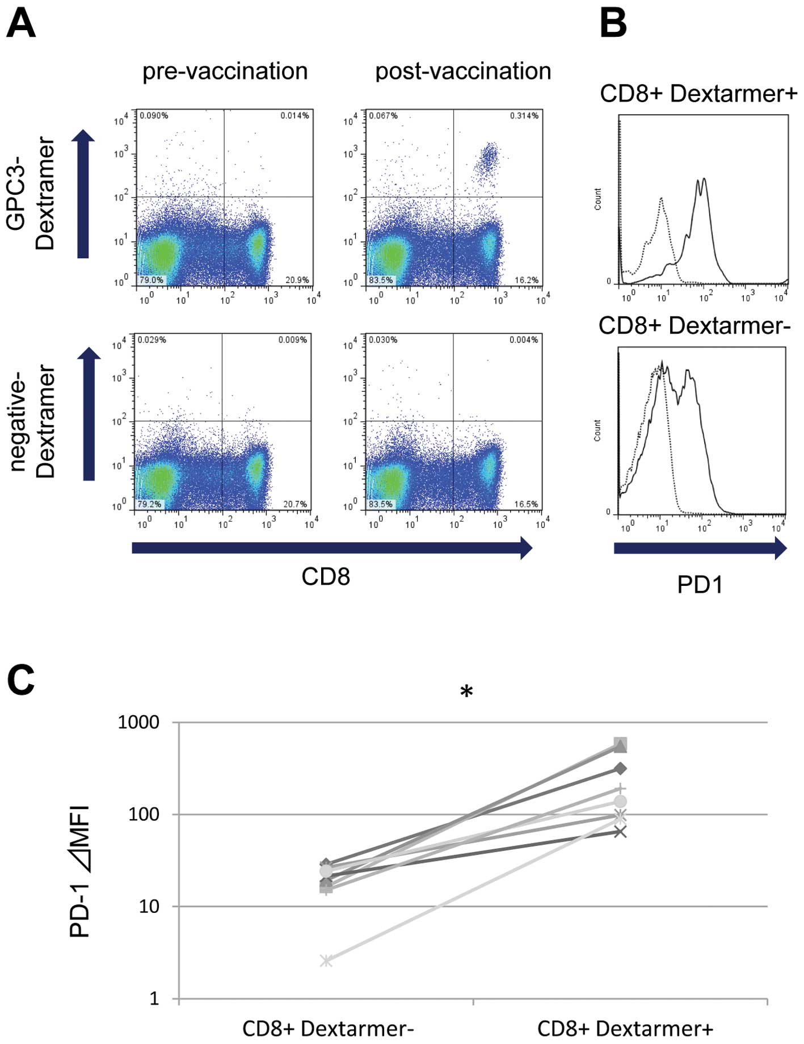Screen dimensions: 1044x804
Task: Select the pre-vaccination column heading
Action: pos(225,72)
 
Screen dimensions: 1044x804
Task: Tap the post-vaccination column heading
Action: pos(463,72)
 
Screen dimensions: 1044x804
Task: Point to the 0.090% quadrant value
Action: pos(154,116)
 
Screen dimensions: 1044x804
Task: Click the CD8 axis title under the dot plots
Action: pos(326,577)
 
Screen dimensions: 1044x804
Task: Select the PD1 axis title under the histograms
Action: pos(700,584)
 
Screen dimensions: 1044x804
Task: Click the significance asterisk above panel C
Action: pos(466,692)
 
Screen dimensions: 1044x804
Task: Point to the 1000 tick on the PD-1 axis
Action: pos(138,723)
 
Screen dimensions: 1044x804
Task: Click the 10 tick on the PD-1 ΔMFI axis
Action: pos(149,907)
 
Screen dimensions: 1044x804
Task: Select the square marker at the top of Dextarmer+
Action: pos(621,744)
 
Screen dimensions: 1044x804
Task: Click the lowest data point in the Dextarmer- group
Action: pos(326,961)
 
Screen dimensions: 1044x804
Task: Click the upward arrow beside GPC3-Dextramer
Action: pos(83,194)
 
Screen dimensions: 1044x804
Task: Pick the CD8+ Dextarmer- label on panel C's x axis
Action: pos(328,1028)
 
